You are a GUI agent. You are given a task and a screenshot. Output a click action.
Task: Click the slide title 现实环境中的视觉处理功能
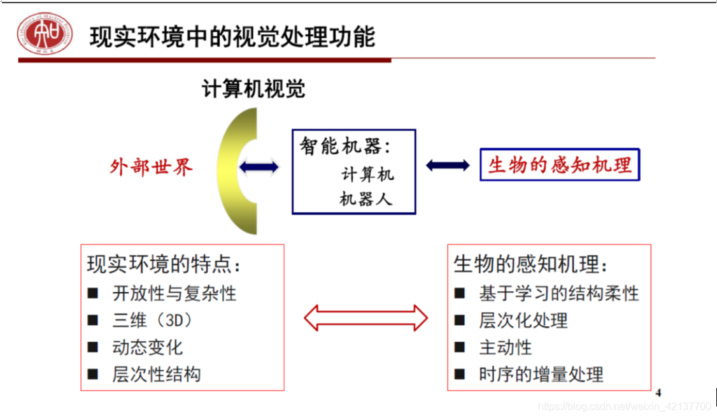coord(232,37)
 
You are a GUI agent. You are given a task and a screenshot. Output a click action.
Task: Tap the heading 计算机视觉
coord(253,89)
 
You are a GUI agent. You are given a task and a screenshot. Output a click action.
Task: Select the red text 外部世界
coord(151,168)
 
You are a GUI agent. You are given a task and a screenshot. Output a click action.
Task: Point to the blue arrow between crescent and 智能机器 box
coord(259,168)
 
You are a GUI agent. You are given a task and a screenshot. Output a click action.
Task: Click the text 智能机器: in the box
coord(346,147)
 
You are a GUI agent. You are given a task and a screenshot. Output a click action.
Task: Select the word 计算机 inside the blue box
coord(367,173)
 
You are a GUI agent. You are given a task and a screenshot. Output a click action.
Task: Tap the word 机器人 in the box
coord(366,199)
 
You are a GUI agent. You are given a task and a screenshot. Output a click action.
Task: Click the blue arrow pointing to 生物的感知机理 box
coord(448,166)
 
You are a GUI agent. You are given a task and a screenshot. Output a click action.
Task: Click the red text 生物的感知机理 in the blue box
coord(560,165)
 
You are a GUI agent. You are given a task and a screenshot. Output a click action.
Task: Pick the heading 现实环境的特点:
coord(164,264)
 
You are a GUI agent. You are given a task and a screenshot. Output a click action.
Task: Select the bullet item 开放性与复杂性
coord(174,293)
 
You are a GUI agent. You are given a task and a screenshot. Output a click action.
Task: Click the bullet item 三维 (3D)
coord(152,320)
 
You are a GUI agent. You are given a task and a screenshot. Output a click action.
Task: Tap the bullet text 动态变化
coord(147,347)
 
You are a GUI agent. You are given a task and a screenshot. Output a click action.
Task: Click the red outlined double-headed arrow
coord(366,318)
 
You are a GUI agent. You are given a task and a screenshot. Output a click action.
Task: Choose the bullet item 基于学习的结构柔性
coord(558,293)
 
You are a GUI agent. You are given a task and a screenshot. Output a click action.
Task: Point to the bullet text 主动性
coord(505,348)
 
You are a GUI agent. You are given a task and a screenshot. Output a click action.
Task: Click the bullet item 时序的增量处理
coord(541,375)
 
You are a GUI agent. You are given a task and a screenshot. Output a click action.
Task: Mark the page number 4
coord(658,393)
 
